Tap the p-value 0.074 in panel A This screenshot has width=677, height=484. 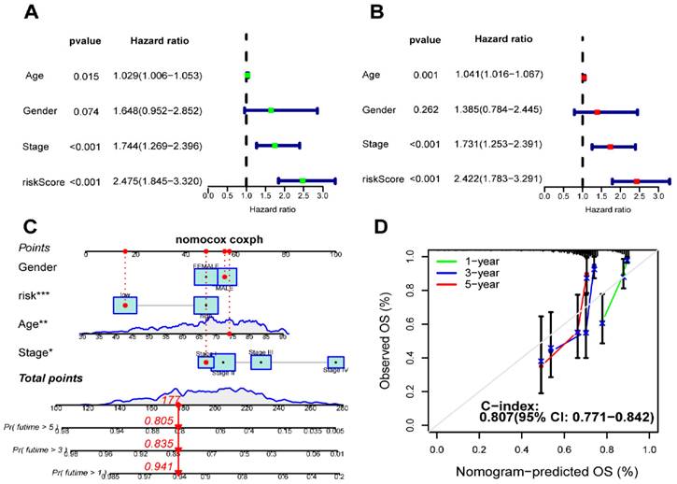(x=86, y=110)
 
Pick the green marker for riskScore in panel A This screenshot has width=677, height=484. (x=303, y=180)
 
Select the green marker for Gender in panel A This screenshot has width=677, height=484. (x=271, y=110)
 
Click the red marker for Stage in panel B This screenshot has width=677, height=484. (x=610, y=146)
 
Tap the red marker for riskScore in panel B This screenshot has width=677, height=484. (x=636, y=180)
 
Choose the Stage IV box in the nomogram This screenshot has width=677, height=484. (x=335, y=363)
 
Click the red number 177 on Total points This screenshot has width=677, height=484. (x=171, y=400)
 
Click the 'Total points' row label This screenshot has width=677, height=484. (x=52, y=377)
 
